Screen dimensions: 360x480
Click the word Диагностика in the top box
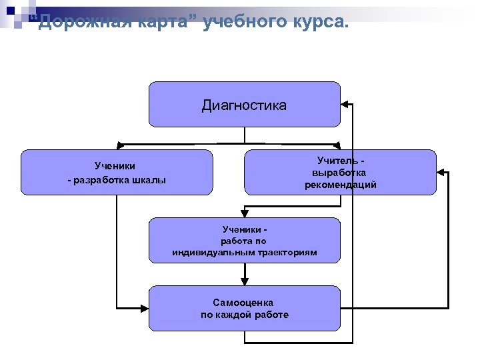tap(244, 105)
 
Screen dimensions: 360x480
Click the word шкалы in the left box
tap(150, 180)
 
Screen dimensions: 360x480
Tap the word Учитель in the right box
tap(337, 160)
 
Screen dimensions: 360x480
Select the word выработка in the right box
tap(341, 172)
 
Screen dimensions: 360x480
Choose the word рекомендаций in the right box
tap(341, 185)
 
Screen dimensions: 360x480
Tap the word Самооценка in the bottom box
tap(243, 302)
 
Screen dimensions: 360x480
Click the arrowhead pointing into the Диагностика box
tap(345, 105)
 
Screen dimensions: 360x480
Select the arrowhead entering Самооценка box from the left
tap(144, 307)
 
